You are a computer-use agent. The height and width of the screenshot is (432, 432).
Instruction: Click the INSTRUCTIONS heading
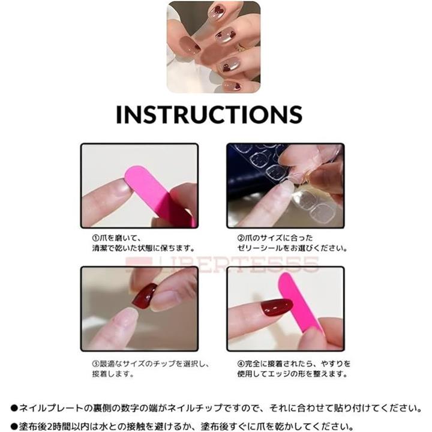(209, 114)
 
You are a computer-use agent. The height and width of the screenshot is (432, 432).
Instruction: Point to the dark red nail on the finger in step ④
(277, 307)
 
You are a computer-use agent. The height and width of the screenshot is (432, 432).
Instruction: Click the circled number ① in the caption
(95, 238)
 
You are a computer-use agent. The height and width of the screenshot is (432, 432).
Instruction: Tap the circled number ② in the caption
(241, 238)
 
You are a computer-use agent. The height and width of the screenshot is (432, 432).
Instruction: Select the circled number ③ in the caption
(95, 364)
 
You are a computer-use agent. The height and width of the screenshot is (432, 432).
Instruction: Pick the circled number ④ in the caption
(241, 364)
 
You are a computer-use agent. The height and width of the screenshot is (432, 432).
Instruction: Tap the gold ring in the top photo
(240, 47)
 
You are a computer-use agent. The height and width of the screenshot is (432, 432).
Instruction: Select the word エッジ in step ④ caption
(280, 374)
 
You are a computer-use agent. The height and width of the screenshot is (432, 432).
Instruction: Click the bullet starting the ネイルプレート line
(14, 408)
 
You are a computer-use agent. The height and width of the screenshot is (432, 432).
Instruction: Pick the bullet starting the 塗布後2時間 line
(14, 427)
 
